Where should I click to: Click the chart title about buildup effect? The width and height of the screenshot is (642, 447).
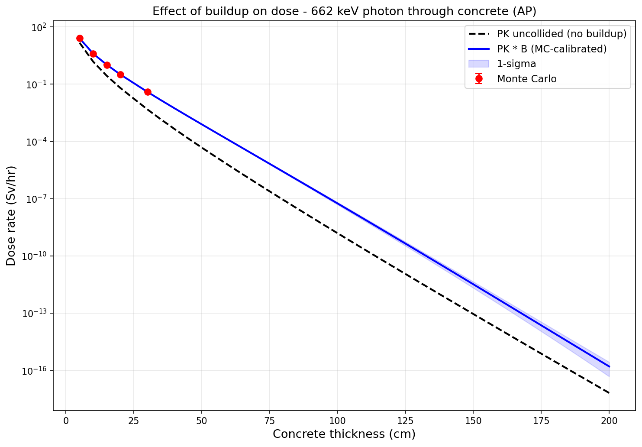point(344,12)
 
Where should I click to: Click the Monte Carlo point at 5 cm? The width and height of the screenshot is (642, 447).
point(80,38)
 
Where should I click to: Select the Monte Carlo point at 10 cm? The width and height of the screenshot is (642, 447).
point(93,54)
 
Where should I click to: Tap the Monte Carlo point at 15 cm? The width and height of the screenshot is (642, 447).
point(107,65)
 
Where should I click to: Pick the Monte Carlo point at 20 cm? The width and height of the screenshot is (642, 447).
point(120,74)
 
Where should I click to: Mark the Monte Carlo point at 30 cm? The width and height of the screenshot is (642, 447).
point(148,92)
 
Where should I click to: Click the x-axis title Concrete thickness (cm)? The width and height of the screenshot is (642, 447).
point(344,434)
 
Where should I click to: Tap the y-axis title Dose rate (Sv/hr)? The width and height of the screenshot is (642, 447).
point(11,216)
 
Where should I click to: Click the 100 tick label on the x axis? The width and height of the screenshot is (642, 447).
point(337,420)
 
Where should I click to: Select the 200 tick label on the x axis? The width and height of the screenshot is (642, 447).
point(609,420)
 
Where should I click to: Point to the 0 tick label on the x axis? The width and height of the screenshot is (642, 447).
point(66,420)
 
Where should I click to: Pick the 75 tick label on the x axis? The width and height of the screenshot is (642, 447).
point(269,420)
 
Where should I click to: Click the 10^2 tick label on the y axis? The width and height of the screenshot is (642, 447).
point(39,27)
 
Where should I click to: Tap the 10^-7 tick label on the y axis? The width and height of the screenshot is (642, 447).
point(36,199)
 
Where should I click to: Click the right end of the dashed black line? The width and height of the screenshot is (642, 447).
point(609,393)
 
